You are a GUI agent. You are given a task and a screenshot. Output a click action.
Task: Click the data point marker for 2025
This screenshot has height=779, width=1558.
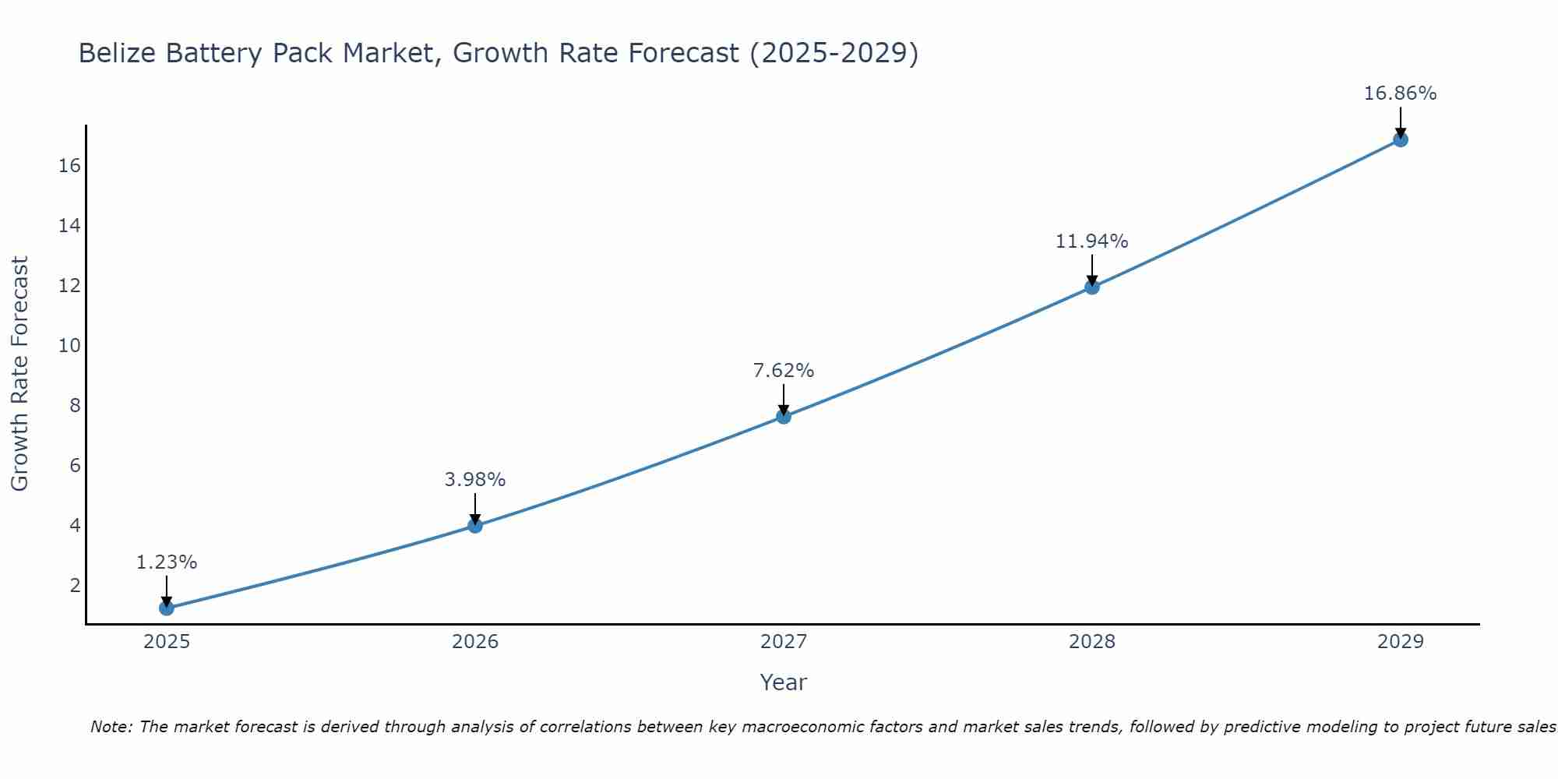[x=167, y=608]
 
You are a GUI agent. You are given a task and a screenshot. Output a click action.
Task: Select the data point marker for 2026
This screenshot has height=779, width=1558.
[x=475, y=525]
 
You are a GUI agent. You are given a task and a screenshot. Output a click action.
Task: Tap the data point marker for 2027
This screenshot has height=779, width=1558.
[x=784, y=417]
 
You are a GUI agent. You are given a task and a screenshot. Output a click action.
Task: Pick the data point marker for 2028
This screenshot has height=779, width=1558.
[x=1092, y=287]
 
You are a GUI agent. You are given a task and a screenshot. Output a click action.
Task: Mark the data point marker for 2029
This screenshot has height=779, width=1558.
[x=1401, y=139]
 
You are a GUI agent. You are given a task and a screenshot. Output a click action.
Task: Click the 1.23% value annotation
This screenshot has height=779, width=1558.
[x=167, y=562]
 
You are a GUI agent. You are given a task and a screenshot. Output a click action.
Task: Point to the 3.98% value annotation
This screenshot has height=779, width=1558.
[x=475, y=480]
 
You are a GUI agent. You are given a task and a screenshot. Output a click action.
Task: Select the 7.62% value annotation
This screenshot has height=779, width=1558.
[x=784, y=371]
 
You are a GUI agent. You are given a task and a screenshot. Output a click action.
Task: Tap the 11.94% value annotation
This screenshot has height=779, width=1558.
[x=1092, y=241]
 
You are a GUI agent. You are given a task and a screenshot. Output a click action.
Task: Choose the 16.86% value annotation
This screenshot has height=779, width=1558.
[x=1401, y=93]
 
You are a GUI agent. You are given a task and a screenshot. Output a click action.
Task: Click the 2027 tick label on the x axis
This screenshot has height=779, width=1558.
[x=784, y=642]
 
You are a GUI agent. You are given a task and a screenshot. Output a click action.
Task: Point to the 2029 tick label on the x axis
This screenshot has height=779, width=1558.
[x=1401, y=642]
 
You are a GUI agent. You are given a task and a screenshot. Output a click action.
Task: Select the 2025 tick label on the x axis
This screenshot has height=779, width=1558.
[x=167, y=642]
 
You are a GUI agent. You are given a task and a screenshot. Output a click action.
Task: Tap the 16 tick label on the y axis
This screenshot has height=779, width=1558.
[x=69, y=166]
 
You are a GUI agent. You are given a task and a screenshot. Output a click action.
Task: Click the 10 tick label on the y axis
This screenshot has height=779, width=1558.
[x=69, y=346]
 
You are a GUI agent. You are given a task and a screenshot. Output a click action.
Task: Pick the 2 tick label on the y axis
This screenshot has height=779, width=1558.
[x=75, y=586]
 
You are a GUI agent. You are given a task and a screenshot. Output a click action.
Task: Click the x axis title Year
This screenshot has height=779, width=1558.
[x=784, y=682]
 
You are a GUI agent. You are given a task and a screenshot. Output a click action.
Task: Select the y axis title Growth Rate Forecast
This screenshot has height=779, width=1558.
[x=19, y=374]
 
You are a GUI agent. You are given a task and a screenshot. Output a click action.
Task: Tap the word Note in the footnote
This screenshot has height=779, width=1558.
[x=111, y=728]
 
